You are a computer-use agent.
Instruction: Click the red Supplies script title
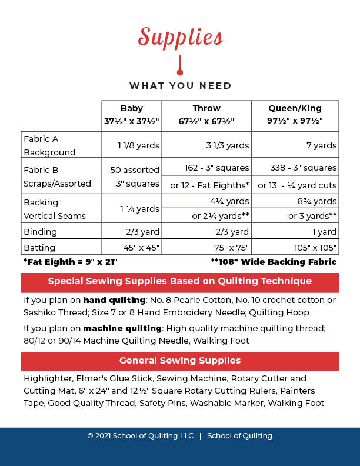[x=180, y=36]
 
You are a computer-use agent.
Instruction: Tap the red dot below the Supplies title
[x=180, y=72]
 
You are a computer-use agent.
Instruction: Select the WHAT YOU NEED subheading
[x=180, y=86]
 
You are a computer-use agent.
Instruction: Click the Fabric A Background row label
[x=49, y=145]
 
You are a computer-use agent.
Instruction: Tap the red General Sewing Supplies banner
[x=180, y=361]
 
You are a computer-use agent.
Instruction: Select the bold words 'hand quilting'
[x=108, y=300]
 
